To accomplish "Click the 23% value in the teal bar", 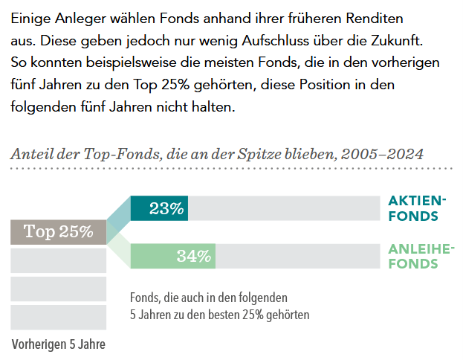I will [x=166, y=208].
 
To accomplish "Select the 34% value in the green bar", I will [x=194, y=257].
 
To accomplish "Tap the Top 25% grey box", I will [x=59, y=231].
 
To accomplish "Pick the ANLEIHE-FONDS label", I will [x=421, y=255].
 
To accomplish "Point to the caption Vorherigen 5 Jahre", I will [x=59, y=344].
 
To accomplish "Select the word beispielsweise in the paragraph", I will [x=129, y=61].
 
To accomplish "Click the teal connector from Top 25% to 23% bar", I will [x=118, y=217].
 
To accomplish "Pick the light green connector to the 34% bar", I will [x=118, y=247].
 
